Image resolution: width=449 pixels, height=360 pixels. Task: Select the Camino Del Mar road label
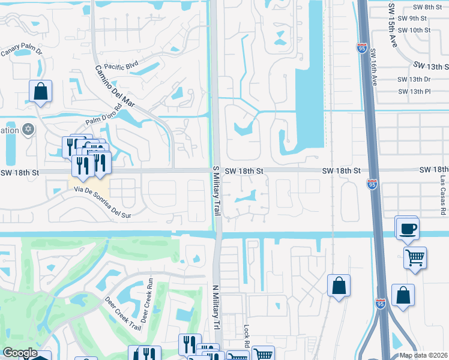(x=114, y=86)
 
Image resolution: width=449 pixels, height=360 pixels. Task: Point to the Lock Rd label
(x=246, y=338)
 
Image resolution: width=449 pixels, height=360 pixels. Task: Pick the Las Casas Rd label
(x=443, y=191)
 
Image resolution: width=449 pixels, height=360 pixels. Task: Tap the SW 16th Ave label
(x=373, y=67)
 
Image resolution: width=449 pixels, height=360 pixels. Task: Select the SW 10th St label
(x=414, y=29)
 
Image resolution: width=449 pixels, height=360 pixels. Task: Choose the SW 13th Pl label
(x=414, y=92)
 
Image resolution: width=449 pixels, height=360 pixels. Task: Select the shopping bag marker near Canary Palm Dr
(x=40, y=91)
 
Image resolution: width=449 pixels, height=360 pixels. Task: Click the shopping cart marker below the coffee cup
(x=415, y=258)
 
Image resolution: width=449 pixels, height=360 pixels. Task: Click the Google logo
(x=19, y=353)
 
